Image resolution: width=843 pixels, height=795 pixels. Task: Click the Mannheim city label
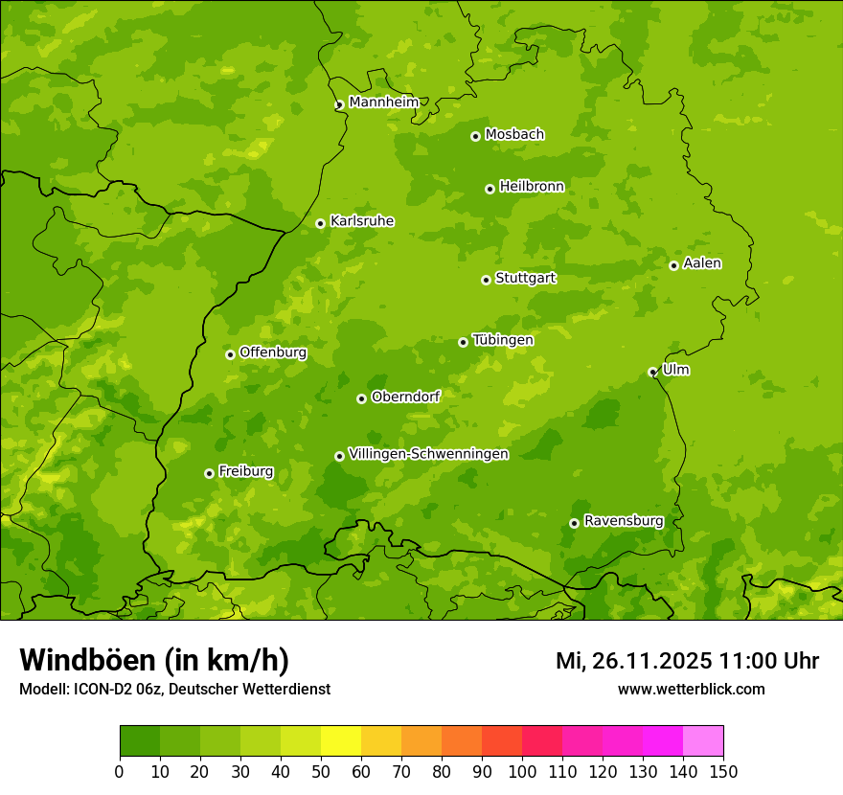383,102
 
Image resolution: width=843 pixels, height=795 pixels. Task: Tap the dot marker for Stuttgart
486,280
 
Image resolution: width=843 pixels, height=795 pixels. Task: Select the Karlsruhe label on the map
361,221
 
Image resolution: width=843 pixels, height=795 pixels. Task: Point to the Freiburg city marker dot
209,473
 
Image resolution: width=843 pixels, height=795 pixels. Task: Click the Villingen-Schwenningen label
428,454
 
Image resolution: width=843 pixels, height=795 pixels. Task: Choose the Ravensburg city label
623,521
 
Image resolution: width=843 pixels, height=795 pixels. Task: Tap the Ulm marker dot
652,372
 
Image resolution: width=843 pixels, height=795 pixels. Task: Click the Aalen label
701,263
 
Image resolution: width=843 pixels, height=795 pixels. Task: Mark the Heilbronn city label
532,187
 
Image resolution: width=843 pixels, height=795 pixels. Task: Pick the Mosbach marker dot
475,136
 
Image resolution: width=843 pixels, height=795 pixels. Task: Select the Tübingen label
502,340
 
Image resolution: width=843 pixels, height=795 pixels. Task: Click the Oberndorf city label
405,397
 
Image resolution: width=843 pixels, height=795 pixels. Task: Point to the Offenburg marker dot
230,354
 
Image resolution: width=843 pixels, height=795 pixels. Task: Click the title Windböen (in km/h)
154,660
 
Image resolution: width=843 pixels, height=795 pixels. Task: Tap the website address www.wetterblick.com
691,689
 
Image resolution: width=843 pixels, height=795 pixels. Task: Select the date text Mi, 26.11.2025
632,661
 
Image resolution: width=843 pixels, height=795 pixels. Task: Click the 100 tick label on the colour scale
522,772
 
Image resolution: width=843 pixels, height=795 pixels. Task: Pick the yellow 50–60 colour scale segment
341,741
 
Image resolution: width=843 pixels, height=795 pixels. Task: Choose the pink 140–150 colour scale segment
703,741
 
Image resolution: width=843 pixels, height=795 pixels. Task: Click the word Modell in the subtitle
41,689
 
